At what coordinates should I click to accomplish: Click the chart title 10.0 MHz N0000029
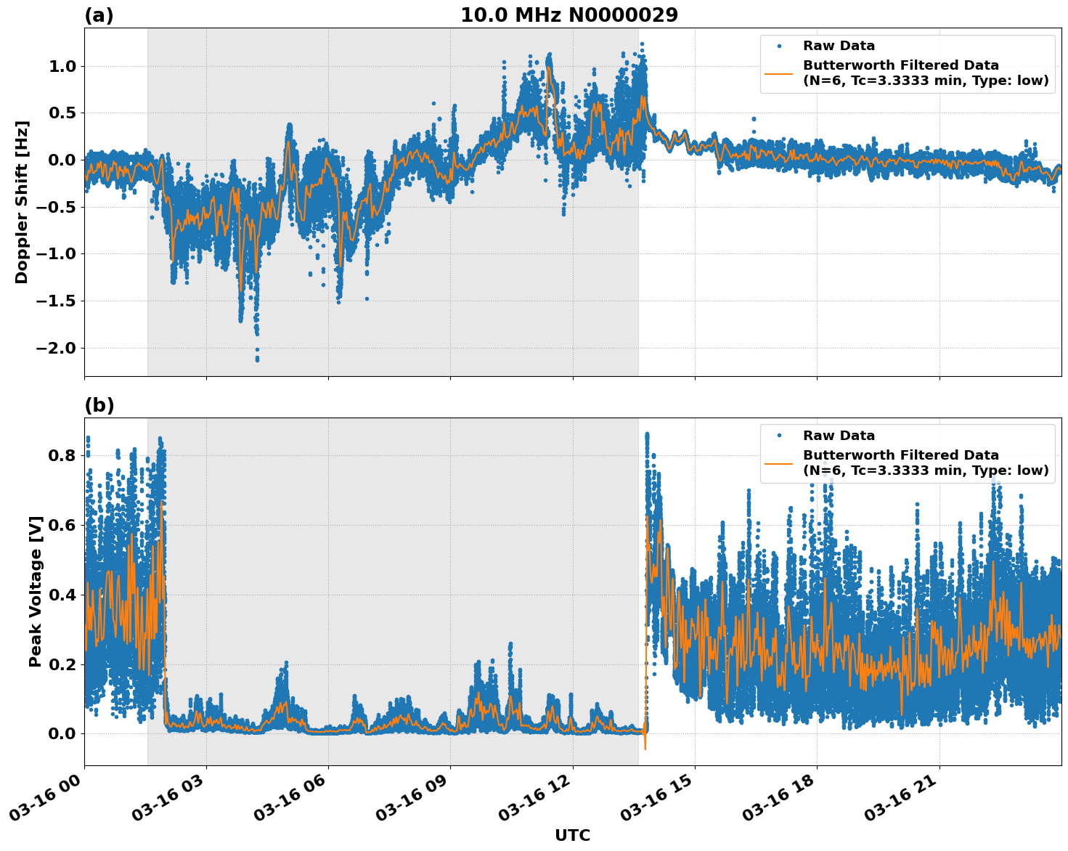[569, 15]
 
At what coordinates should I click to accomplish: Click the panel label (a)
[99, 15]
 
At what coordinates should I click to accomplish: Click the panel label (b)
[99, 405]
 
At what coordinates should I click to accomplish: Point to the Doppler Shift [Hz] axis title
[22, 202]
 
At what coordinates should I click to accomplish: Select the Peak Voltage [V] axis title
[35, 591]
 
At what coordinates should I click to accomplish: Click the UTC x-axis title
[572, 836]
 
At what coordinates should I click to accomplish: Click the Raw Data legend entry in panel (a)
[839, 46]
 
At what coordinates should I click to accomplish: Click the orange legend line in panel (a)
[779, 73]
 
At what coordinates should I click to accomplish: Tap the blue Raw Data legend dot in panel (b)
[779, 436]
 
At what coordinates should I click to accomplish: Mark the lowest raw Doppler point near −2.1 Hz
[257, 359]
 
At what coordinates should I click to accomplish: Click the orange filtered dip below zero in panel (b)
[645, 748]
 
